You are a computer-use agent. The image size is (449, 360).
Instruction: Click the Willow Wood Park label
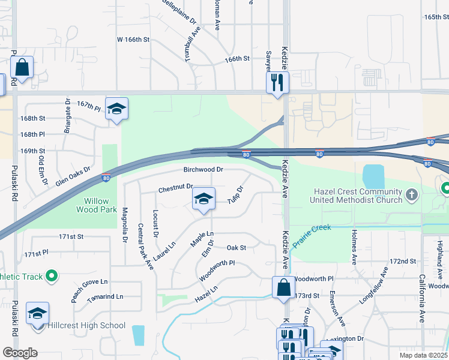[92, 205]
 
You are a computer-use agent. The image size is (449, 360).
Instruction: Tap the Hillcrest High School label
[88, 326]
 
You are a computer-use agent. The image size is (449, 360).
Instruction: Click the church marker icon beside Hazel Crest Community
[411, 194]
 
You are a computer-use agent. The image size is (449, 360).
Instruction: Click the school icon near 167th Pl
[116, 109]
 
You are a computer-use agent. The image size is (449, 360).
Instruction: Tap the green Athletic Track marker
[51, 276]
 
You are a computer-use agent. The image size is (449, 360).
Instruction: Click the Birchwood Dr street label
[203, 170]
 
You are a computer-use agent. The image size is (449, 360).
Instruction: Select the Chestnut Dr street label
[175, 189]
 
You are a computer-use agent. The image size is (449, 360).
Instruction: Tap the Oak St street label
[237, 247]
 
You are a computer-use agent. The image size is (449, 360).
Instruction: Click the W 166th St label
[132, 40]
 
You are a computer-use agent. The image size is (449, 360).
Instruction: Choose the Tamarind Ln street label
[104, 297]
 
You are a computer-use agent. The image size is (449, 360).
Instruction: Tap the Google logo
[20, 352]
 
